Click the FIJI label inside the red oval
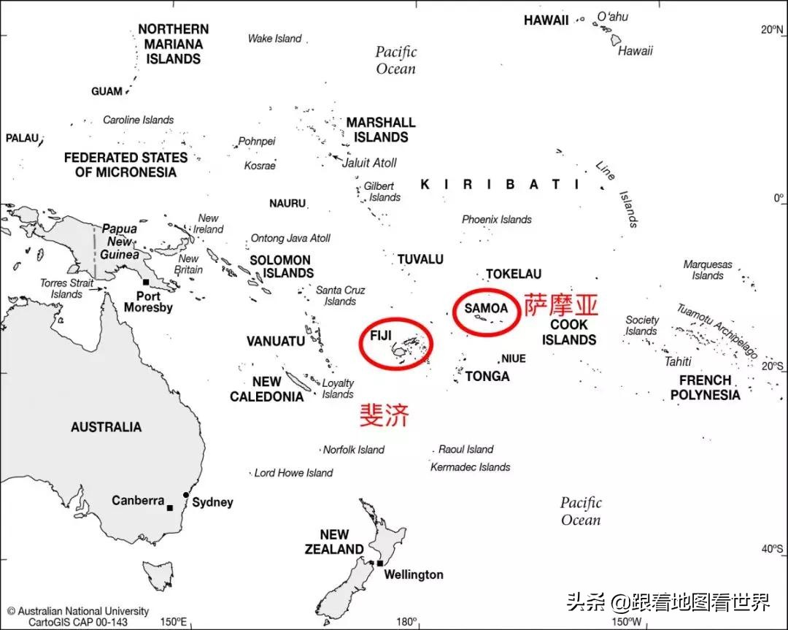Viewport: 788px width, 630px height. tap(381, 335)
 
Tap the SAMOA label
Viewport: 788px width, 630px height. tap(485, 308)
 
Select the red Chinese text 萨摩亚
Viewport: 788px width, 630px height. tap(561, 304)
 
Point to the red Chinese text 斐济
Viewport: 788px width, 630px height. tap(385, 415)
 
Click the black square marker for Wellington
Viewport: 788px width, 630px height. tap(379, 563)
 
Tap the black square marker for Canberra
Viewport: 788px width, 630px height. tap(170, 507)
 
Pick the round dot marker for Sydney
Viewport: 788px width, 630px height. tap(186, 495)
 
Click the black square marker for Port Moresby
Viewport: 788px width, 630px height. tap(146, 282)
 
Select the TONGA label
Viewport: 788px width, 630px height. tap(487, 376)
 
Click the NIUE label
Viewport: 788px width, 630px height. tap(513, 358)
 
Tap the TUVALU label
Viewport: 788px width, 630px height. tap(420, 259)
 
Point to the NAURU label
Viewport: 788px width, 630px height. tap(287, 203)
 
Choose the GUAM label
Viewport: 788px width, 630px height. tap(107, 91)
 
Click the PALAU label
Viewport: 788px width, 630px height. tap(22, 138)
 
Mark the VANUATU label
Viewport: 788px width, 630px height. tap(275, 341)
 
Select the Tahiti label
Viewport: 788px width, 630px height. tap(677, 361)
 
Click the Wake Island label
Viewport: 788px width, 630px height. tap(274, 39)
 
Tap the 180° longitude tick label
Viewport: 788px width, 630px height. tap(406, 622)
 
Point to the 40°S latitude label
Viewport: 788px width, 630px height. tap(772, 549)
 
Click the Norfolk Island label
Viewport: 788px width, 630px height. tap(353, 450)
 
